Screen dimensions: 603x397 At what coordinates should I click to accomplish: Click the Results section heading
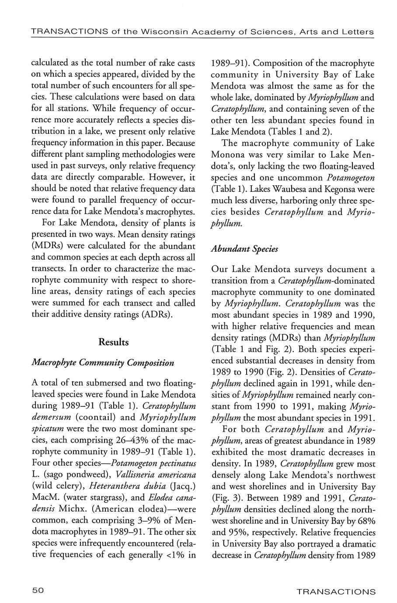[x=114, y=342]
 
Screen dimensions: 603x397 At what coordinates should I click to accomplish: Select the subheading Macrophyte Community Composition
[x=103, y=363]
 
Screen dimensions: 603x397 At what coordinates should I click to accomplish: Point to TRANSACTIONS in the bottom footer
[x=336, y=592]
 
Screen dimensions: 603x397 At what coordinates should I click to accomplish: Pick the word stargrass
[x=98, y=497]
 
